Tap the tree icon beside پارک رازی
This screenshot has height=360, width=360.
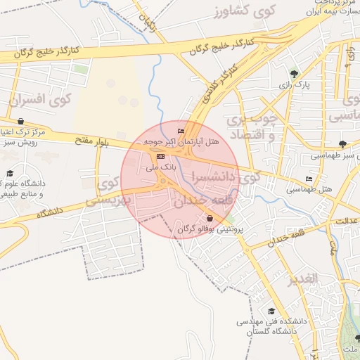click(293, 73)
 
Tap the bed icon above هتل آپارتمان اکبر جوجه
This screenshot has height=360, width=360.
click(181, 131)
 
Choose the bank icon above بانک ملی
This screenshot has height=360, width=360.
click(161, 156)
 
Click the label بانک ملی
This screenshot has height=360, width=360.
click(160, 168)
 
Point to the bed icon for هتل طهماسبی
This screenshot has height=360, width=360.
click(309, 179)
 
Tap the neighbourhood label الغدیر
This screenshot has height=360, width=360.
click(304, 279)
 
